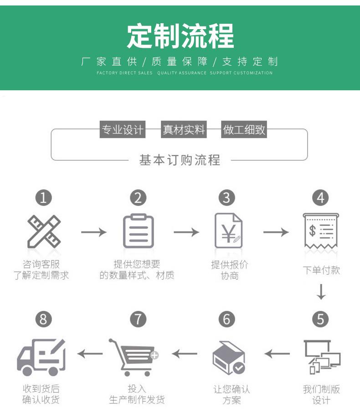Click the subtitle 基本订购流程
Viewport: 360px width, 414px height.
(180, 160)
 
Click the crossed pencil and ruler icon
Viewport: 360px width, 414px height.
(43, 232)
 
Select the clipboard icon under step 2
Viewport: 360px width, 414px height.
(138, 231)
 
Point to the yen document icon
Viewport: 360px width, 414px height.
(228, 231)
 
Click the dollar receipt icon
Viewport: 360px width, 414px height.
(321, 230)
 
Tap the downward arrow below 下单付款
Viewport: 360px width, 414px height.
(321, 292)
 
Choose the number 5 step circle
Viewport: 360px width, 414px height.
(321, 320)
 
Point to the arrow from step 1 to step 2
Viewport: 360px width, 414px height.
(93, 232)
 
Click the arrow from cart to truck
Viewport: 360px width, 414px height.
(90, 353)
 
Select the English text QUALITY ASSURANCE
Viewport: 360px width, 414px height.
(182, 73)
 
